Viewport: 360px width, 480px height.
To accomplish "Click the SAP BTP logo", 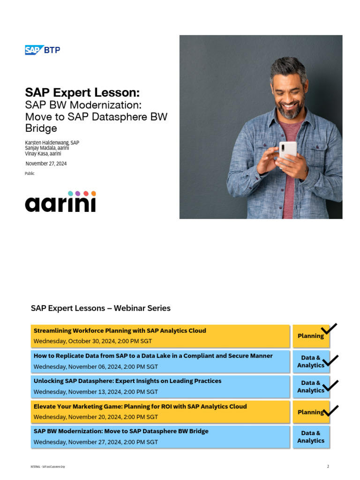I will click(42, 50).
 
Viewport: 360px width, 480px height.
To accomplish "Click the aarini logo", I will click(60, 202).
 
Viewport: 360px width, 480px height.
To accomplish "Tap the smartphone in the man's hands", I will click(287, 151).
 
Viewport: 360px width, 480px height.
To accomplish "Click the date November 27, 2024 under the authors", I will click(46, 163).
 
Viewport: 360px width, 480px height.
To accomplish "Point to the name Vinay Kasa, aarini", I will click(43, 153).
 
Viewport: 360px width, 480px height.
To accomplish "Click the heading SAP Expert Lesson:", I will click(82, 92).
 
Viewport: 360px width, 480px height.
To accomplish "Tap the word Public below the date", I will click(30, 173).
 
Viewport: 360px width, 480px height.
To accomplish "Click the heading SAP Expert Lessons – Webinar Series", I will click(101, 308).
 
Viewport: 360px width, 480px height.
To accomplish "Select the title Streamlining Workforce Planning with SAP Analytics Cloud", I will click(120, 330).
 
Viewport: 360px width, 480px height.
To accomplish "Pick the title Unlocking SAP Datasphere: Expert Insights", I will click(127, 381).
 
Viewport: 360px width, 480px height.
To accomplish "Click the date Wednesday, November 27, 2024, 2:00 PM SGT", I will click(96, 442).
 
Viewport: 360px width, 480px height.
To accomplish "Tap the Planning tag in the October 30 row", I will click(310, 336).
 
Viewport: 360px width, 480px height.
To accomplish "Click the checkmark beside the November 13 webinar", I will click(330, 386).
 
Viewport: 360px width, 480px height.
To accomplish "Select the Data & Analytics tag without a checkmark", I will click(310, 437).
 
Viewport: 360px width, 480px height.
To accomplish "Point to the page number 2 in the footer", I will click(328, 466).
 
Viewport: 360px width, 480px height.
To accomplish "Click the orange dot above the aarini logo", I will click(93, 193).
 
